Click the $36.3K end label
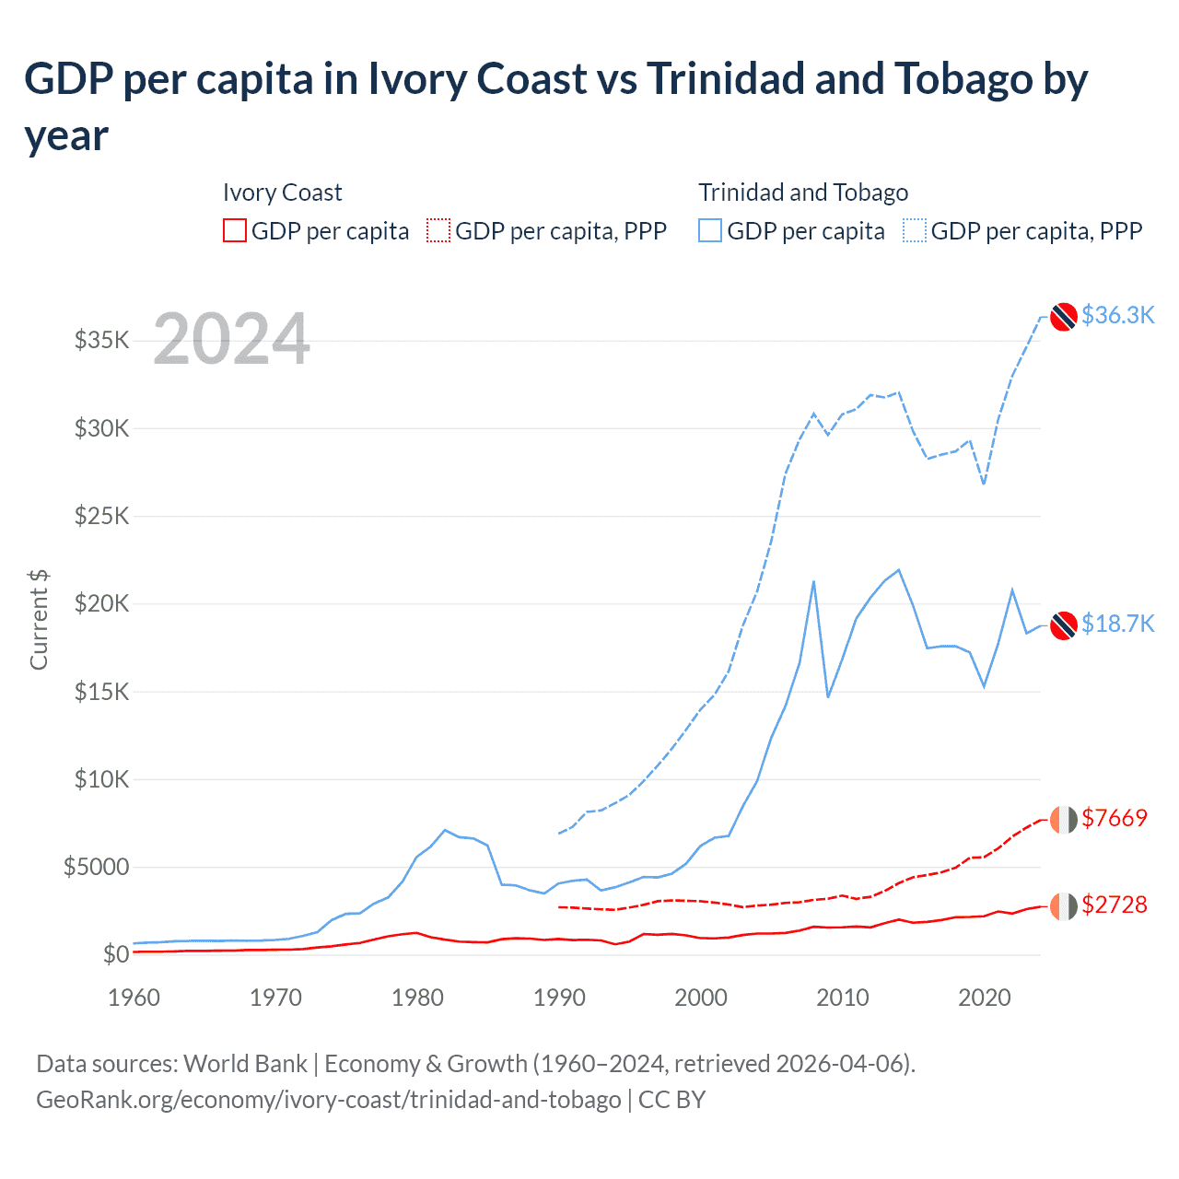(1117, 315)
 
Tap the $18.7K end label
(1117, 624)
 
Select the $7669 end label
(1115, 818)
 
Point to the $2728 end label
(1115, 905)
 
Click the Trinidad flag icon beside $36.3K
(1064, 316)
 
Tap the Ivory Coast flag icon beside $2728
(1064, 905)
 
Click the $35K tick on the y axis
(101, 341)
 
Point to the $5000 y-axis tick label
(96, 867)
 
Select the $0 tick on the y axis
(116, 954)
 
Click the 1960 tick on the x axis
(134, 998)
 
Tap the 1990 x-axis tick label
(559, 998)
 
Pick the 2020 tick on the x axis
(985, 998)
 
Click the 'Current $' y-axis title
(39, 620)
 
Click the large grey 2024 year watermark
(231, 339)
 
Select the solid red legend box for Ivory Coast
(235, 230)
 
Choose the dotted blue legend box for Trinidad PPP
(915, 230)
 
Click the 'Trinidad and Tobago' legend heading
(803, 193)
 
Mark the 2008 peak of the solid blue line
(813, 581)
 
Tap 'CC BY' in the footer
(671, 1100)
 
